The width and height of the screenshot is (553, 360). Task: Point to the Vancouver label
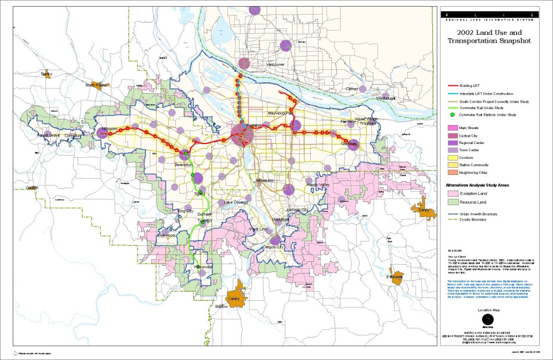[x=275, y=65]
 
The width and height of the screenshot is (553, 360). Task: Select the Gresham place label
[x=349, y=143]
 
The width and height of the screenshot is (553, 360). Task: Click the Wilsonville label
[x=203, y=268]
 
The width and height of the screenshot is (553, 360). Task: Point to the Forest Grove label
[x=48, y=135]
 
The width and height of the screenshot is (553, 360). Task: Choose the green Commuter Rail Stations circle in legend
[x=452, y=115]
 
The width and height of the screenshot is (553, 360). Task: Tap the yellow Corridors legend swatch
[x=452, y=157]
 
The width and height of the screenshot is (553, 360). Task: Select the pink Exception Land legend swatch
[x=452, y=194]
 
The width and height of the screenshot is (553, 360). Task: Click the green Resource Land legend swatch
[x=452, y=202]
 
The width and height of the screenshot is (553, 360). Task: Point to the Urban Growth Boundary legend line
[x=452, y=213]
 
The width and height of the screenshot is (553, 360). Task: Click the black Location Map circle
[x=488, y=319]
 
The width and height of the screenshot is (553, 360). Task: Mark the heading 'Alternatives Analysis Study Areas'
[x=482, y=185]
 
